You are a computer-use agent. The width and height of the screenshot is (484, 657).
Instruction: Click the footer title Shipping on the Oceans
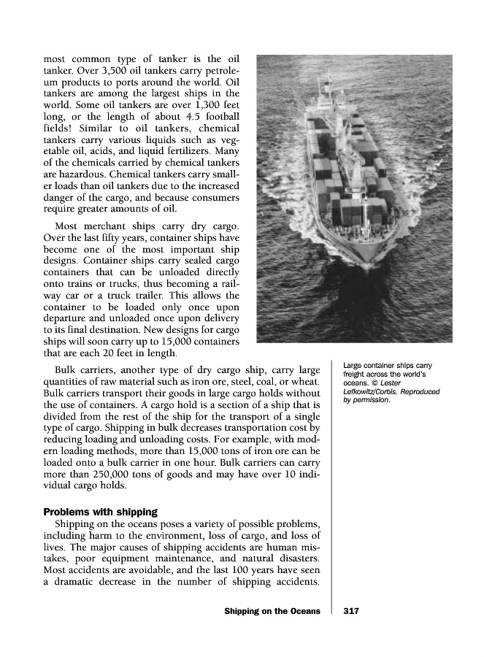pyautogui.click(x=272, y=610)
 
